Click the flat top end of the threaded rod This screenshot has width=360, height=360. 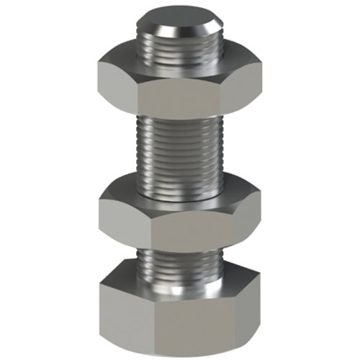click(179, 21)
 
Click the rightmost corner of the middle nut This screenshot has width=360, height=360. click(261, 203)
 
